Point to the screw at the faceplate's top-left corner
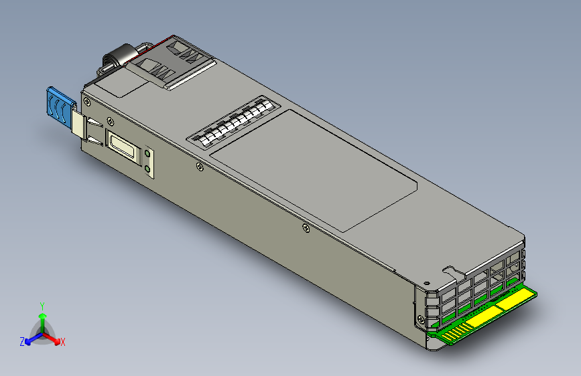pyautogui.click(x=87, y=101)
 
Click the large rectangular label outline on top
pyautogui.click(x=315, y=171)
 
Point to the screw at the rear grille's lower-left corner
pyautogui.click(x=421, y=319)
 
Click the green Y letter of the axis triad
pyautogui.click(x=42, y=306)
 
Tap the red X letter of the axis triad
pyautogui.click(x=63, y=343)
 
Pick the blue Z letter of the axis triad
pyautogui.click(x=22, y=341)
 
